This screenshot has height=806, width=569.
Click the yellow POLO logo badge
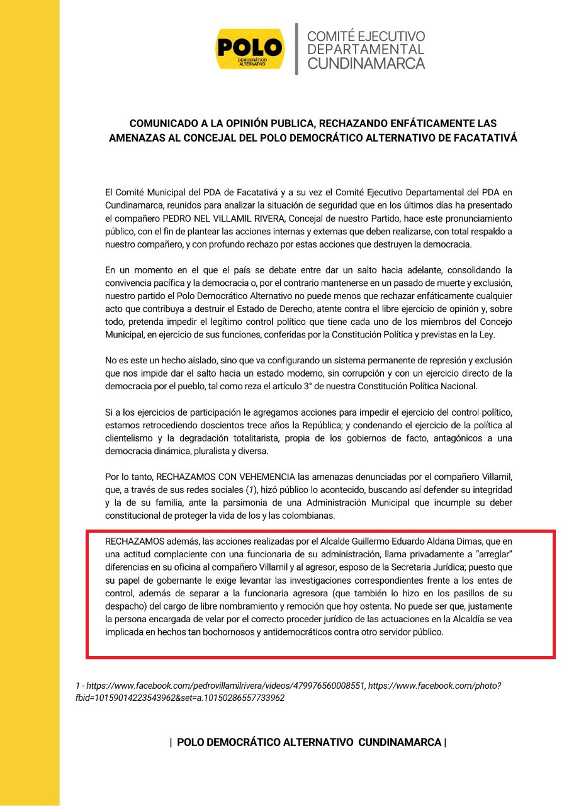pyautogui.click(x=250, y=49)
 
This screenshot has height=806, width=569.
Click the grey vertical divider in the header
pyautogui.click(x=296, y=49)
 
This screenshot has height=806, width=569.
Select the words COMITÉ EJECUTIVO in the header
pyautogui.click(x=366, y=37)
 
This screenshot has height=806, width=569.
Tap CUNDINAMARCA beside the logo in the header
pyautogui.click(x=366, y=63)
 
